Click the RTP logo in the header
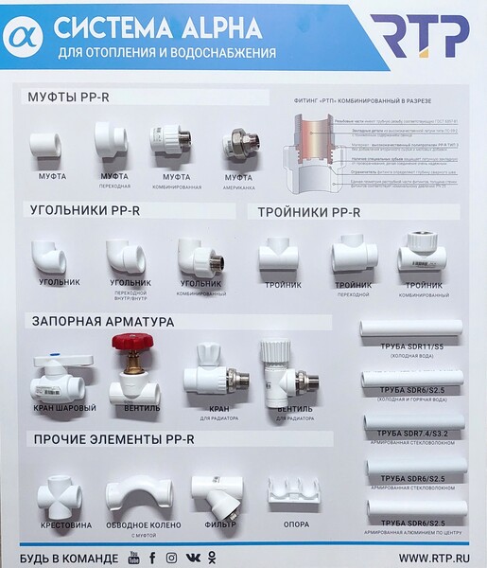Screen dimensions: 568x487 (419, 36)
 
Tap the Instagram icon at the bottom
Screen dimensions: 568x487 (171, 557)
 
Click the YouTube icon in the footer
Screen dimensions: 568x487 (130, 557)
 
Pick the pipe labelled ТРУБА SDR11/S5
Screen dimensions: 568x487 (411, 328)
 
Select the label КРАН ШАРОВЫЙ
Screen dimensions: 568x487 (64, 408)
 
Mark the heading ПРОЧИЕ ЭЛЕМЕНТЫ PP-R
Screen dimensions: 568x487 (113, 439)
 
